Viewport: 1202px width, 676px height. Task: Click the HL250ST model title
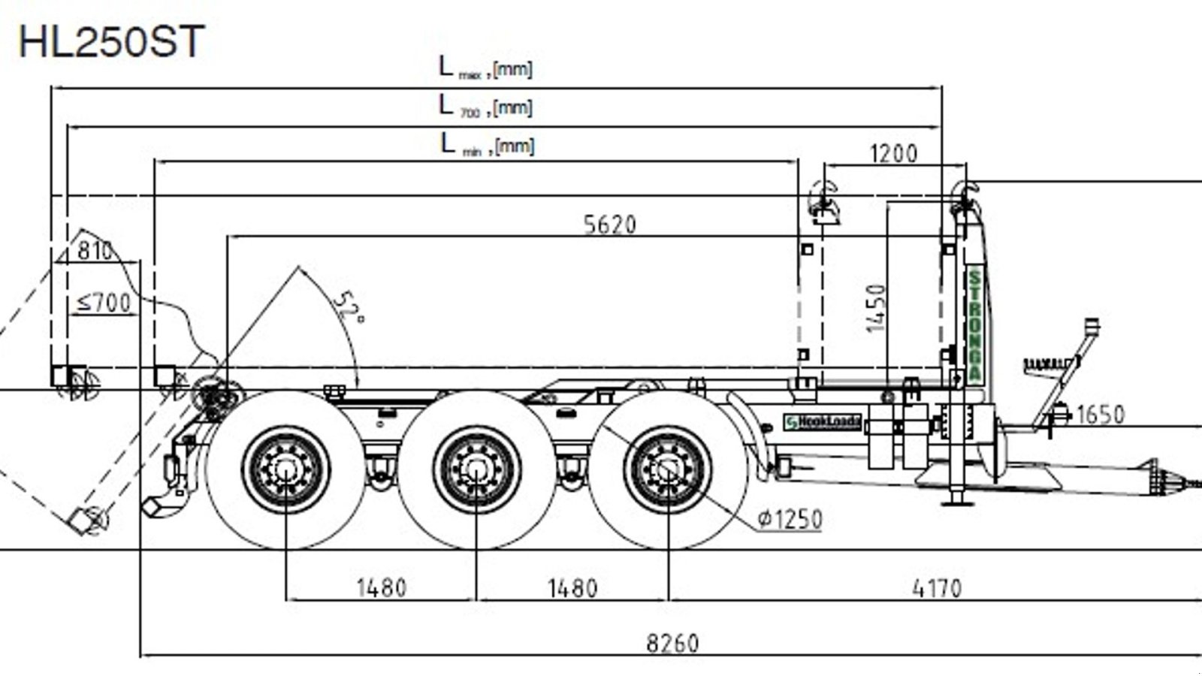pos(111,43)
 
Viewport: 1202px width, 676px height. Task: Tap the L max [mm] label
pos(485,68)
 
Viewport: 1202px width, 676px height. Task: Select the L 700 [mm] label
pos(485,107)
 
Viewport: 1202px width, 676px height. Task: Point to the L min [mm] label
pos(487,144)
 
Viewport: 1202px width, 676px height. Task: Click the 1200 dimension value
pos(893,154)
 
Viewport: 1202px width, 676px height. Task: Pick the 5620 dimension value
pos(609,225)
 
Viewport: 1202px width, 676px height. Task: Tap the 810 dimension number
pos(95,250)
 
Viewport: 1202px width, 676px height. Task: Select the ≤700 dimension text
pos(104,303)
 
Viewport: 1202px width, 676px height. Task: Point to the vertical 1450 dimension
pos(876,307)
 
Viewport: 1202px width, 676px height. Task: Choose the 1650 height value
pos(1100,415)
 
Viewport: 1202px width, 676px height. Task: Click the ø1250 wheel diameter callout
pos(790,519)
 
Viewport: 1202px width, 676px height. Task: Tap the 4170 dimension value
pos(937,588)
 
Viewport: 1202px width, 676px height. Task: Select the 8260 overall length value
pos(672,644)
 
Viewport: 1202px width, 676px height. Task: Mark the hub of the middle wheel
pos(476,469)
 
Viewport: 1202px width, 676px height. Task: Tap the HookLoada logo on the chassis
pos(822,422)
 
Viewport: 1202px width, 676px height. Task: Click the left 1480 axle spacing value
pos(381,588)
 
